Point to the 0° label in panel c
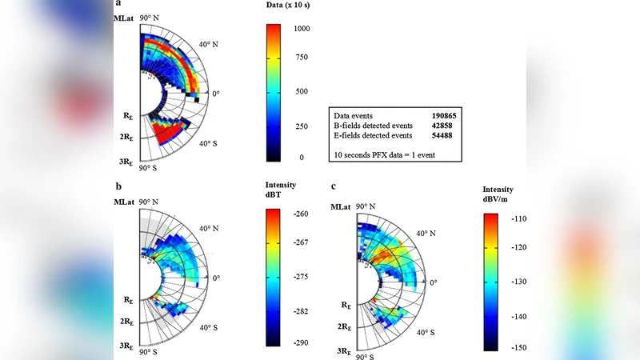click(x=434, y=282)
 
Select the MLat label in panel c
click(x=342, y=206)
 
